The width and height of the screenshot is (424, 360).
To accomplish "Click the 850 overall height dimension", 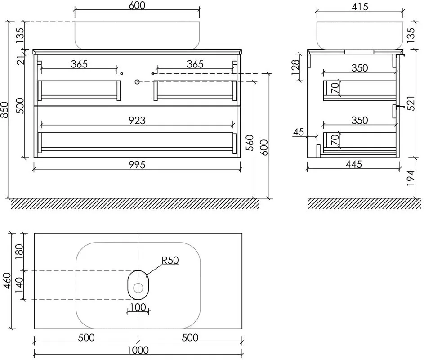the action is point(5,110).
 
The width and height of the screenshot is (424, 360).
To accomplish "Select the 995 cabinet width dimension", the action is point(137,165).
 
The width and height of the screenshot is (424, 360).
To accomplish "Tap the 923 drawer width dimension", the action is point(137,121).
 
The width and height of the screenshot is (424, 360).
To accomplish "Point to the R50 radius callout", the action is point(170,261).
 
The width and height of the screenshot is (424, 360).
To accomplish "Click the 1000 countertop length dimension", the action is point(138,350).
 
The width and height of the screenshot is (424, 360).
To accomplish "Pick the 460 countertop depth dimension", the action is point(7,280).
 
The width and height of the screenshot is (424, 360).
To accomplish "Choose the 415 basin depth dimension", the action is point(360,7).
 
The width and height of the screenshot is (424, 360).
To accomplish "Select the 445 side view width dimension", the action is point(354,164).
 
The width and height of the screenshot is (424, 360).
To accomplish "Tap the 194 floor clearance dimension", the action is point(411,178).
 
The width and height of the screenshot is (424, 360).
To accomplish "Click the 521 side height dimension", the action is point(411,103).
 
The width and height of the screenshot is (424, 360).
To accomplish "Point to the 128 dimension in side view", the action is point(295,67).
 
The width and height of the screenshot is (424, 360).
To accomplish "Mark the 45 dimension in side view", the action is point(299,132).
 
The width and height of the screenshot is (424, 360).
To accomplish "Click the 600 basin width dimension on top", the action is point(137,5).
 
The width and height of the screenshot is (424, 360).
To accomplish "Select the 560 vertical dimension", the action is point(250,143).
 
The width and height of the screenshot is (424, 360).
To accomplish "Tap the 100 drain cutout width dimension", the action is point(138,307).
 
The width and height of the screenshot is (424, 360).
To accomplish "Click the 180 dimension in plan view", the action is point(19,252).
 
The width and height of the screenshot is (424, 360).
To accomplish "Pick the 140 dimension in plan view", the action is point(19,285).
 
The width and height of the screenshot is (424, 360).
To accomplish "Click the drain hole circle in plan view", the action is point(138,288).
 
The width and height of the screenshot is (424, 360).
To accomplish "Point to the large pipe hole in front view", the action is point(137,81).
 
